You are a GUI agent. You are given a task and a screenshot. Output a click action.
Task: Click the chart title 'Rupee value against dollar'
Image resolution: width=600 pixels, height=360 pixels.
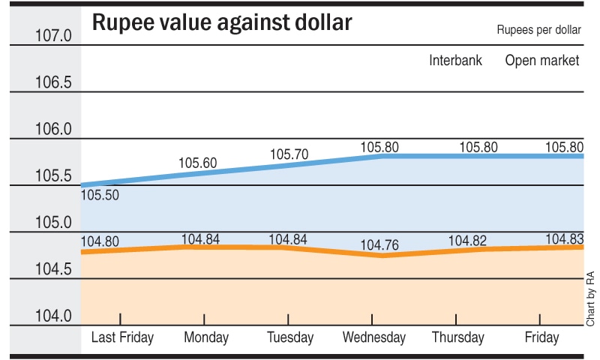tap(221, 24)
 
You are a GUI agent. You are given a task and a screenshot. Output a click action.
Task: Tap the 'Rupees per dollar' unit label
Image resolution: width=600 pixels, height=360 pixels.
tap(538, 31)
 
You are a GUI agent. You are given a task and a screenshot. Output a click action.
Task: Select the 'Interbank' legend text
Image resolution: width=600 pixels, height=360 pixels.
tap(455, 61)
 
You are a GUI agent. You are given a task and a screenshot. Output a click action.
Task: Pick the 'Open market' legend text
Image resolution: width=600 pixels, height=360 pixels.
tap(542, 61)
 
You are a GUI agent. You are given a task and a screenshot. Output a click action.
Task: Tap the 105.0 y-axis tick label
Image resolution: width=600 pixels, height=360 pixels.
tap(53, 223)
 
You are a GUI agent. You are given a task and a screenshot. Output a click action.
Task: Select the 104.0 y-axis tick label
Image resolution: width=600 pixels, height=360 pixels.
tap(53, 316)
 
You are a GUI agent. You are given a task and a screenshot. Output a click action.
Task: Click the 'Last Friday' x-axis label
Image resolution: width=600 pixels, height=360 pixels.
tap(122, 337)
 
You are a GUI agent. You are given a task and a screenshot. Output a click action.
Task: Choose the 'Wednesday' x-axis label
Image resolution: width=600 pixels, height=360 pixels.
tap(373, 337)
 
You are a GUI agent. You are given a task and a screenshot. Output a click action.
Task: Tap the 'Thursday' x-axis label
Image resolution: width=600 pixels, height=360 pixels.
tap(457, 337)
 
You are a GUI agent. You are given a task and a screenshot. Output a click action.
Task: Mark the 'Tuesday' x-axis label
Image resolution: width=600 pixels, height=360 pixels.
tap(290, 337)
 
